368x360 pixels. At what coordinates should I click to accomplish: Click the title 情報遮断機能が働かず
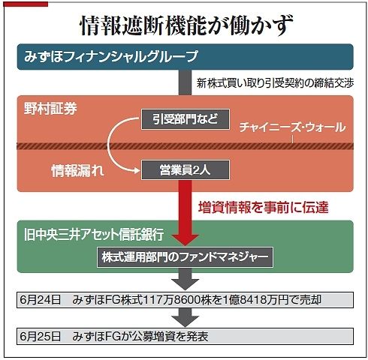(x=186, y=25)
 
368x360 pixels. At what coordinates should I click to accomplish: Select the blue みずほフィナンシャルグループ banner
(x=185, y=57)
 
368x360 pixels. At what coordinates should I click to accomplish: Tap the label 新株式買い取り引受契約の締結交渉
(x=275, y=83)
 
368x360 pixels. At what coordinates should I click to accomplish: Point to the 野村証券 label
(x=50, y=109)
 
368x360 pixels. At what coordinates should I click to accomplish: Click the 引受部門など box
(x=186, y=119)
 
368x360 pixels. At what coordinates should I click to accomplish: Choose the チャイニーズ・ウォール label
(x=292, y=127)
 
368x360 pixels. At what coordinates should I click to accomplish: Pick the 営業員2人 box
(x=186, y=170)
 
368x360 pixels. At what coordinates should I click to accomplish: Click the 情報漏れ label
(x=77, y=171)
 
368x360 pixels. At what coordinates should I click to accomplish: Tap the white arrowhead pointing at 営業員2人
(x=137, y=171)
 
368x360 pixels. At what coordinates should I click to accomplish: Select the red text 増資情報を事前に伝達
(x=264, y=208)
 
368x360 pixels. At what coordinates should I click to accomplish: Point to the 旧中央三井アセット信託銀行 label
(x=94, y=235)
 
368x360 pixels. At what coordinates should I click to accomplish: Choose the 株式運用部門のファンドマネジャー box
(x=185, y=257)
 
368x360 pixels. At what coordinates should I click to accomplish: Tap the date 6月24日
(x=41, y=300)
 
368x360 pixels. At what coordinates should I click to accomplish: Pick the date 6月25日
(x=41, y=337)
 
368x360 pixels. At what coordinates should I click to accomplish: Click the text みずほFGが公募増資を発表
(x=140, y=337)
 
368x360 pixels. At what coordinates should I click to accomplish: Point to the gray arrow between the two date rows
(x=186, y=317)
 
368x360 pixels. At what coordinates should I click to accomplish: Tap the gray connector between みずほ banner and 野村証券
(x=185, y=82)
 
